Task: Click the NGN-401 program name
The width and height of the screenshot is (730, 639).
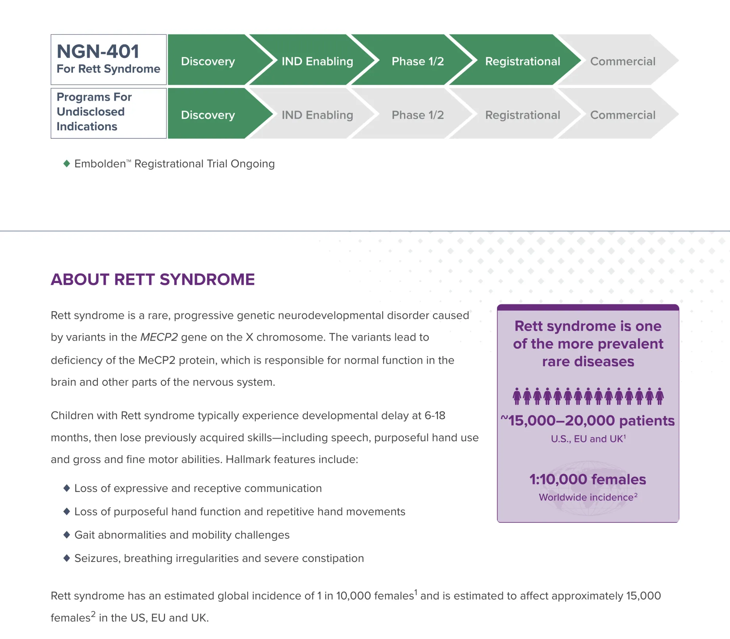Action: click(98, 51)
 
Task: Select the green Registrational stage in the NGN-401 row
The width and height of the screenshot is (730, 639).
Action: click(522, 61)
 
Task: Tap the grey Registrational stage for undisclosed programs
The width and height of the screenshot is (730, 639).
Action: click(522, 115)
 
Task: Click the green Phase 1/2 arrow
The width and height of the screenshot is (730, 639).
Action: click(418, 61)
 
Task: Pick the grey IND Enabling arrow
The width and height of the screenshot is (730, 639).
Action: click(317, 115)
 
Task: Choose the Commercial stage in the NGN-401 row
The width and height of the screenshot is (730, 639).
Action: click(622, 61)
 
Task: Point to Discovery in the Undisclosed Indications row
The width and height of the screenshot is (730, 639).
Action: click(208, 115)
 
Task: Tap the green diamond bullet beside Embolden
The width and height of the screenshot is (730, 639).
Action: click(66, 164)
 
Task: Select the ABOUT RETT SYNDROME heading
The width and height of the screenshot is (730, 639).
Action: click(153, 280)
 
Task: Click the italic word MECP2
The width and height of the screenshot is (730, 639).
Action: click(159, 337)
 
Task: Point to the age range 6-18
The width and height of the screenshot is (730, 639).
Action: click(435, 416)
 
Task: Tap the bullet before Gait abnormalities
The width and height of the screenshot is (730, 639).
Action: click(66, 535)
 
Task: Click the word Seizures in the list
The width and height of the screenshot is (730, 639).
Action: click(97, 558)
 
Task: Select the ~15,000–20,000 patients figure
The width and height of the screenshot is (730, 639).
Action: click(588, 421)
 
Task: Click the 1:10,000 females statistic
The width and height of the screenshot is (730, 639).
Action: click(588, 479)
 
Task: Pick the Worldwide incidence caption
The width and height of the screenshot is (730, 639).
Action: click(588, 497)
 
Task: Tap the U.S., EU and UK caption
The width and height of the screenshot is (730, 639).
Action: click(588, 439)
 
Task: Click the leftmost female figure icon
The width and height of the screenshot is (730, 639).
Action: click(516, 397)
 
